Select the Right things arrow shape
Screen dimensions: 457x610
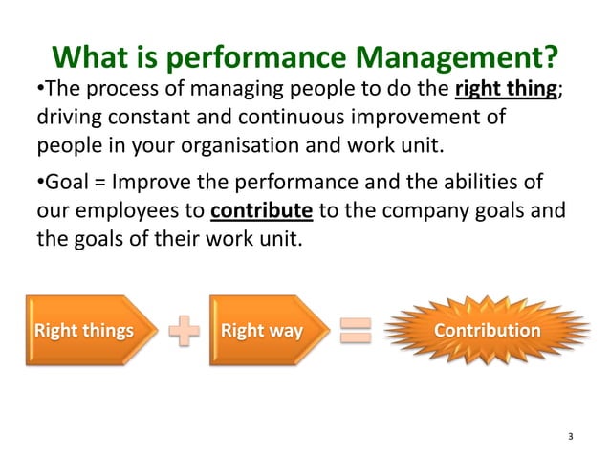86,332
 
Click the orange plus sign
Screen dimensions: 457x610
185,332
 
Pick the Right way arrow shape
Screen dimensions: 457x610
265,332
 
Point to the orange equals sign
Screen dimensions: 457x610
355,332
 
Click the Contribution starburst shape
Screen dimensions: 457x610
488,331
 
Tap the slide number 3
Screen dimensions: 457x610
571,437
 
